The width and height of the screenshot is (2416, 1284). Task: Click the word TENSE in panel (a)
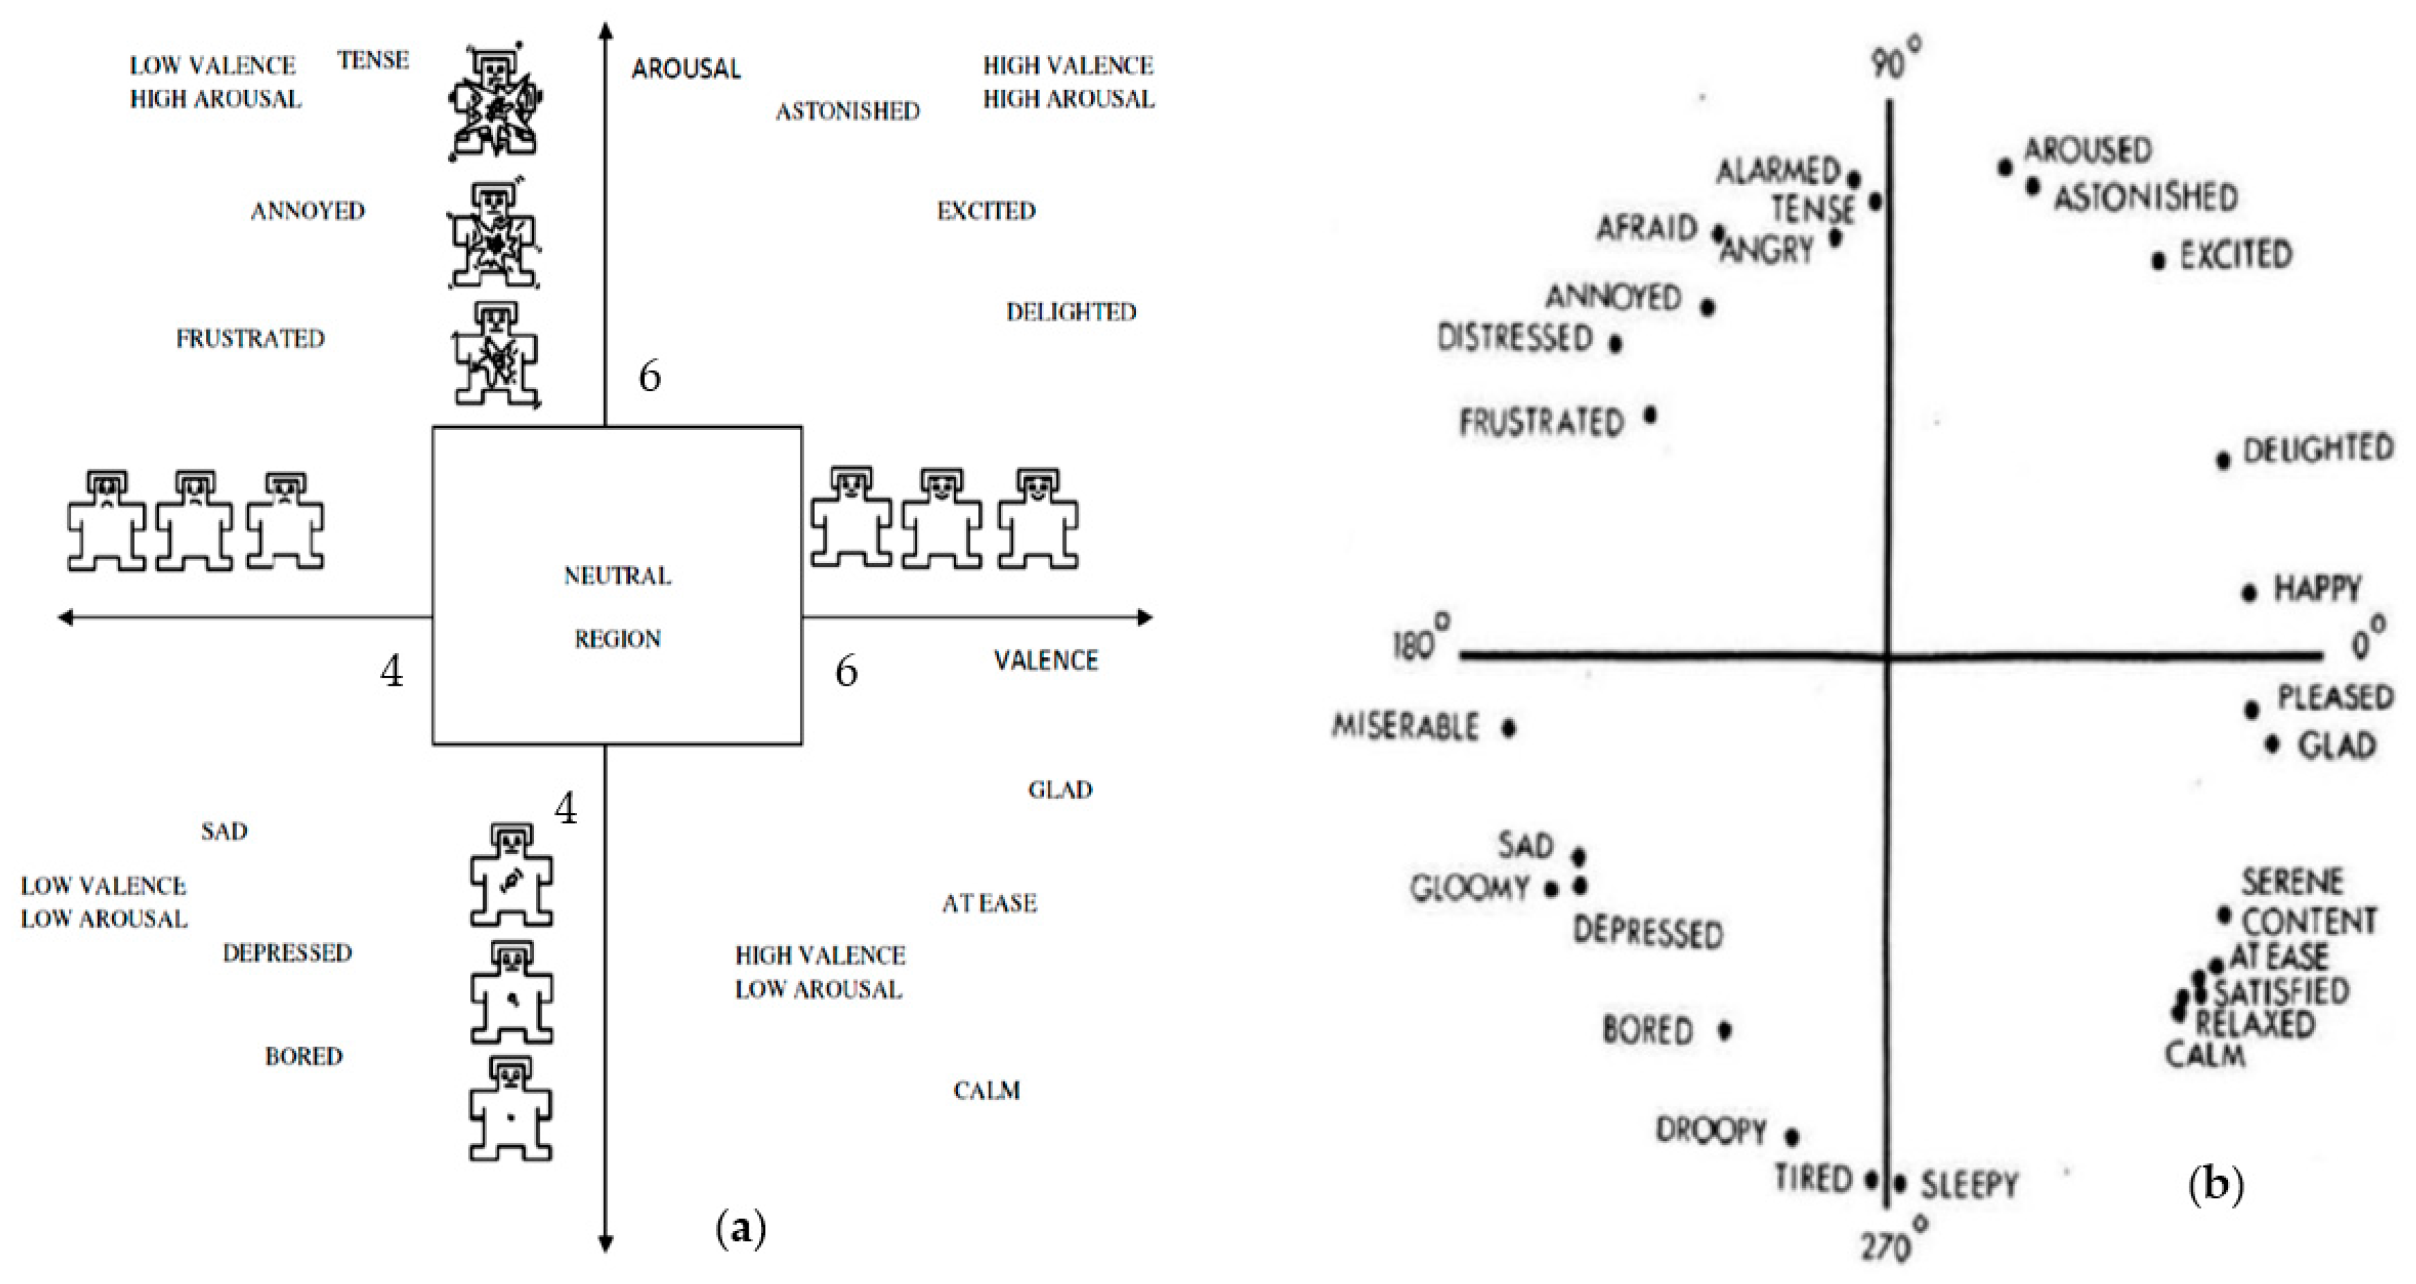click(373, 60)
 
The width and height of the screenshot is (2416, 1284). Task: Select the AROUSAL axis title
click(686, 68)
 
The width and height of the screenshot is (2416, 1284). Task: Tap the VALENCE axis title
click(1046, 661)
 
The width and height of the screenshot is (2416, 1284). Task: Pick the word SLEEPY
click(1969, 1185)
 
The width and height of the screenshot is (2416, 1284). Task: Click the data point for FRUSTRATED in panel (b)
click(1651, 413)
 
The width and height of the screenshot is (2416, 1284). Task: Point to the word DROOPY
click(1710, 1130)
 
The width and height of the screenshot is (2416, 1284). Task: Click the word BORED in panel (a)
click(304, 1056)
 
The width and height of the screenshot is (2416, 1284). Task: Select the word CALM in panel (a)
click(986, 1091)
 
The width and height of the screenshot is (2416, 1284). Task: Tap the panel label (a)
click(741, 1228)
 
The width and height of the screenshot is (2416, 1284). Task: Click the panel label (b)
click(2215, 1185)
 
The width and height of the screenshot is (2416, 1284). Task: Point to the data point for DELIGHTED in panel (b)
click(2223, 460)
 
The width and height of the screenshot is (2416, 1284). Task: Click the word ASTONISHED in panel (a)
click(847, 111)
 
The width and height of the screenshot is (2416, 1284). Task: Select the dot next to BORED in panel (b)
click(1725, 1030)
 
